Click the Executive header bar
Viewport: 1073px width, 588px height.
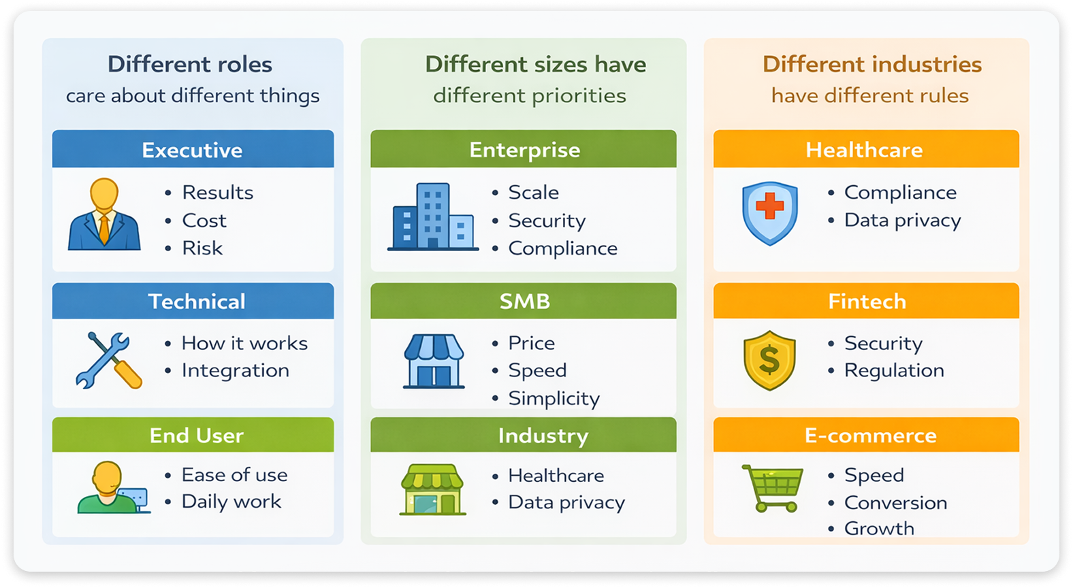point(193,150)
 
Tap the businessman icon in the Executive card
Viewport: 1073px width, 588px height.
point(104,214)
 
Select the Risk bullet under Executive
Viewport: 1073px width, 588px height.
point(202,248)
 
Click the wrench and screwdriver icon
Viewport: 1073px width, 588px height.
point(108,360)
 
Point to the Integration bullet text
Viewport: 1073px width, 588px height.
point(235,371)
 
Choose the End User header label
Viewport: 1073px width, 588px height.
point(196,436)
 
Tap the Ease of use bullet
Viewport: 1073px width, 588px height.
point(234,475)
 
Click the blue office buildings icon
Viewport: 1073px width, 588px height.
point(432,217)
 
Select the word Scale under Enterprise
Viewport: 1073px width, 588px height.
point(533,193)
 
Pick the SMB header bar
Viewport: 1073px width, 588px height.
point(524,301)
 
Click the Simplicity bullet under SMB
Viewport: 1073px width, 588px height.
point(554,399)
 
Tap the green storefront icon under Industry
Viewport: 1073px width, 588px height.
point(432,490)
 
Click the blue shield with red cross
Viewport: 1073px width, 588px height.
point(770,212)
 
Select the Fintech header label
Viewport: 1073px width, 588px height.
point(867,301)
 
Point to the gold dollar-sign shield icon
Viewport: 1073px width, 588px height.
point(769,360)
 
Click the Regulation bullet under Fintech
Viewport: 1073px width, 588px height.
point(894,371)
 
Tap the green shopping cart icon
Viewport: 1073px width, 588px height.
point(773,487)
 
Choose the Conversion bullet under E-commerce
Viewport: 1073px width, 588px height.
point(895,503)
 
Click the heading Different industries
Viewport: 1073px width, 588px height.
point(872,65)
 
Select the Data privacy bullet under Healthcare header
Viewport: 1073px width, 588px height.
point(902,220)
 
